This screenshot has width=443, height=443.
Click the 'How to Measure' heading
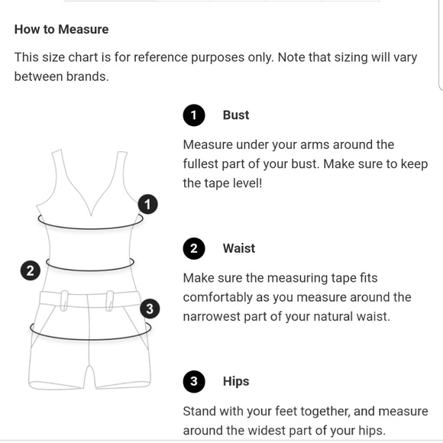pyautogui.click(x=61, y=29)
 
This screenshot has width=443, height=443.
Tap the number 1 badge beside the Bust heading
pyautogui.click(x=194, y=115)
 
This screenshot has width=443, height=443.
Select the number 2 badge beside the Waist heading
pyautogui.click(x=194, y=248)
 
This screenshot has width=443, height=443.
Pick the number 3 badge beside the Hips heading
pyautogui.click(x=194, y=381)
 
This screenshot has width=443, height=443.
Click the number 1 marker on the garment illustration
pyautogui.click(x=147, y=204)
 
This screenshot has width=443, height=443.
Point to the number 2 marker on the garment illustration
pyautogui.click(x=31, y=270)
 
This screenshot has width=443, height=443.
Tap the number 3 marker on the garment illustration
pyautogui.click(x=150, y=309)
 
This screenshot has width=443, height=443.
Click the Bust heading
pyautogui.click(x=236, y=115)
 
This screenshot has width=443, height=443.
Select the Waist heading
pyautogui.click(x=239, y=248)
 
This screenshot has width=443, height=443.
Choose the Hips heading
pyautogui.click(x=236, y=381)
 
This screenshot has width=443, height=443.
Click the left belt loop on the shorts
pyautogui.click(x=64, y=301)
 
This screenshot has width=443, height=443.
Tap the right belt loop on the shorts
pyautogui.click(x=110, y=301)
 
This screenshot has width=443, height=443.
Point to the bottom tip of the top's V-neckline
pyautogui.click(x=91, y=216)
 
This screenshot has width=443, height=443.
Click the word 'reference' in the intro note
pyautogui.click(x=161, y=57)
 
